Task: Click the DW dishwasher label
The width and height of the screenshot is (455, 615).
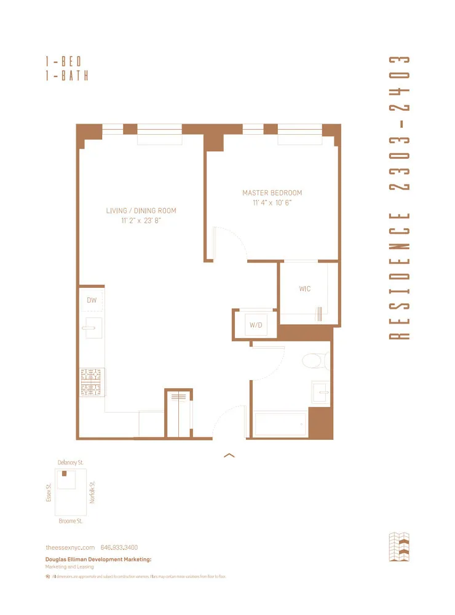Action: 92,300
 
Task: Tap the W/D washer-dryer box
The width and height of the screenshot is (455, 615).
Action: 255,324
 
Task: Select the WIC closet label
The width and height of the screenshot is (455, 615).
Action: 304,288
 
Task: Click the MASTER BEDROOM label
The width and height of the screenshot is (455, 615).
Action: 272,192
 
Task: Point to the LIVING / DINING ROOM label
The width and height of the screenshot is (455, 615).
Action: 141,211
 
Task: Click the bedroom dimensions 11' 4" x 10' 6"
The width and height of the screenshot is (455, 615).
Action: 272,202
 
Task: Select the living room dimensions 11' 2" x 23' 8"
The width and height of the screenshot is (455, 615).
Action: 141,221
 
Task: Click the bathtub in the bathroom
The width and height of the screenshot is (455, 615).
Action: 280,425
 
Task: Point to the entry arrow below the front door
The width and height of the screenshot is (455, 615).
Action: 229,455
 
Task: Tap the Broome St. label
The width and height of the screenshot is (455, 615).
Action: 70,520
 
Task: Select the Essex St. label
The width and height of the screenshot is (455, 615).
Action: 49,493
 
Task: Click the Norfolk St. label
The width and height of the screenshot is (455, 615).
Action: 92,492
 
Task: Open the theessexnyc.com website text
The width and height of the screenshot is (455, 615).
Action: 70,547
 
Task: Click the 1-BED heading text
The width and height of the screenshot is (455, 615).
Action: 63,61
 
